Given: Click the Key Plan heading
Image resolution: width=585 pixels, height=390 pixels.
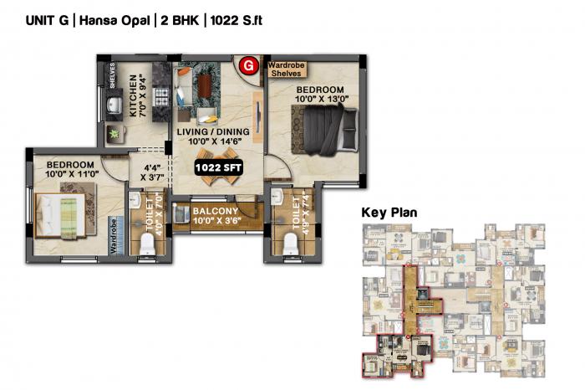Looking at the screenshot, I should click(389, 213).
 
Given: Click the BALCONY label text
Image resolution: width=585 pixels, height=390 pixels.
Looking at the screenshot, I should click(216, 211).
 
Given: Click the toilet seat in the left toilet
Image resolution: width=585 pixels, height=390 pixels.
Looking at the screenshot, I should click(147, 244).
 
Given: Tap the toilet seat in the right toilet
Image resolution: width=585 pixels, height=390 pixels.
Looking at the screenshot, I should click(291, 244).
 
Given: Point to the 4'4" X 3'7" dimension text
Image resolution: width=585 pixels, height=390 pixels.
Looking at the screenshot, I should click(152, 172).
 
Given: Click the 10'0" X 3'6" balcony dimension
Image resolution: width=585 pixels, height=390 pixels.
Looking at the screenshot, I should click(216, 223).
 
